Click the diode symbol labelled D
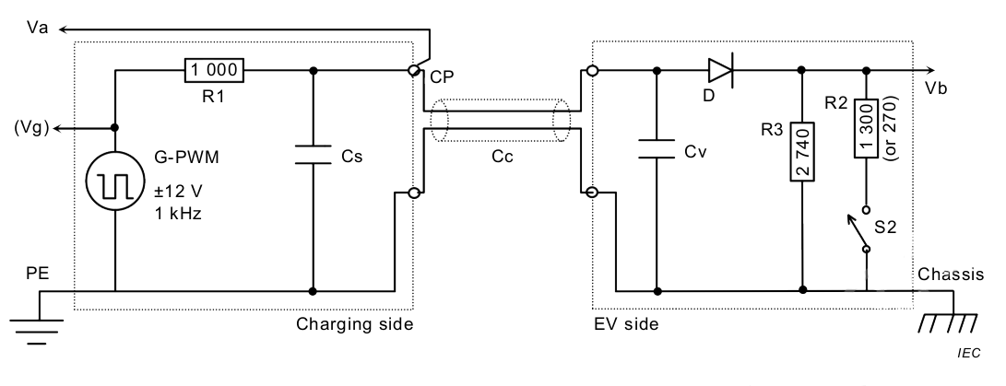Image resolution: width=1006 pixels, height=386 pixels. pos(720,69)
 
